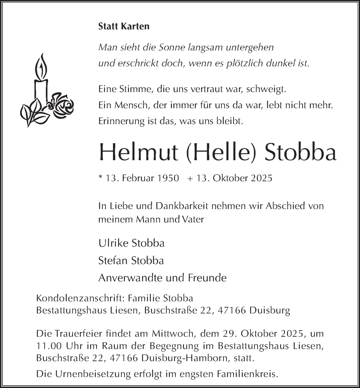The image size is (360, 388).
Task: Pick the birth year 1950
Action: click(168, 179)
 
